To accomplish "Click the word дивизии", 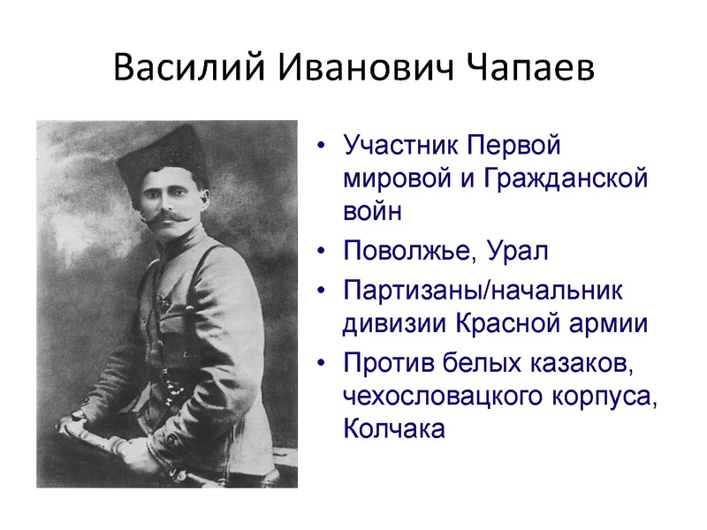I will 395,323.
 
